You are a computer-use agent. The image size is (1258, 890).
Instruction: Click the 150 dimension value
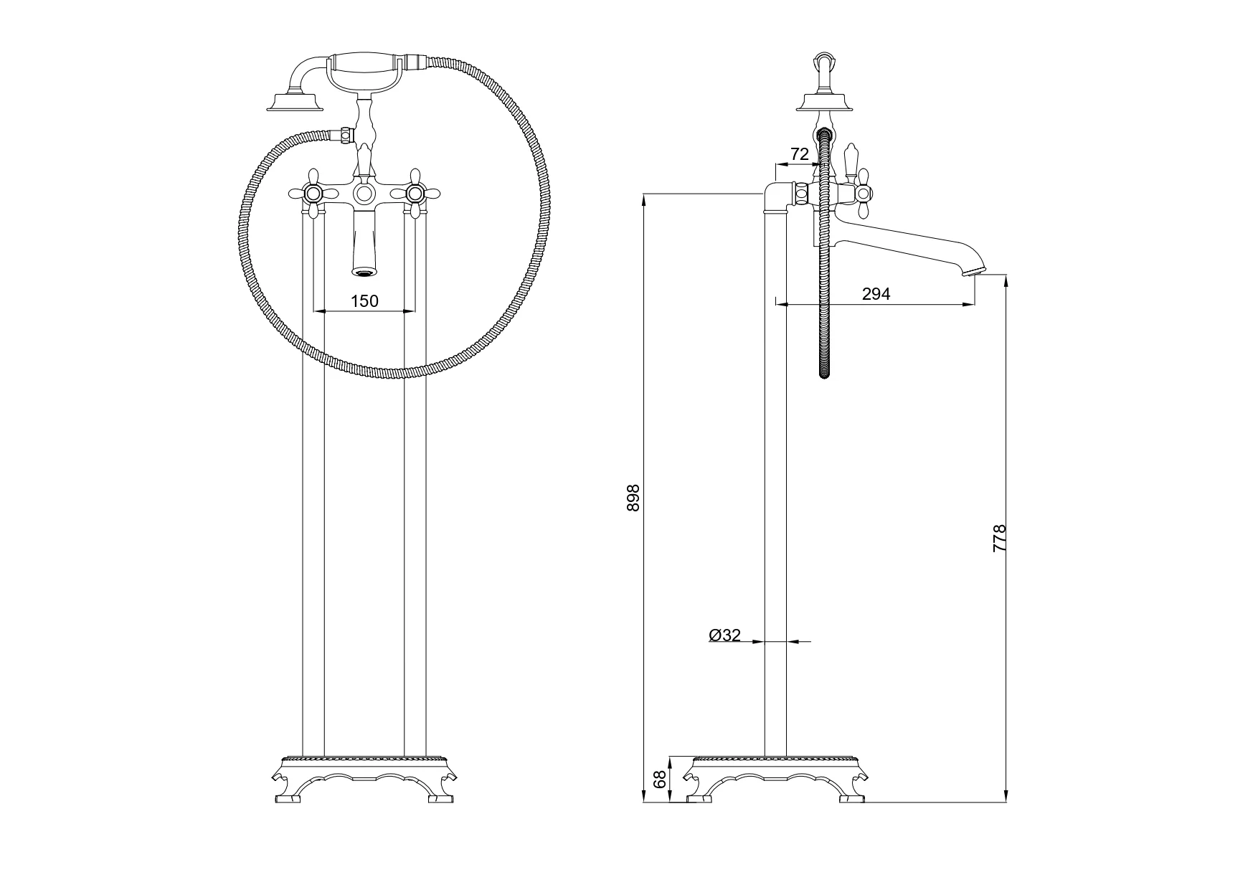(364, 301)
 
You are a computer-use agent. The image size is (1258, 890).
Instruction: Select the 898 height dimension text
(633, 498)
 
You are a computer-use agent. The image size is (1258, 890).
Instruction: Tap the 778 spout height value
(1000, 538)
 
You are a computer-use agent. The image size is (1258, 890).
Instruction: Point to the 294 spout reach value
(876, 293)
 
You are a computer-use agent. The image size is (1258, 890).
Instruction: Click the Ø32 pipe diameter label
(725, 635)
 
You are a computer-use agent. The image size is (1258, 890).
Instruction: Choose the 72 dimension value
(800, 154)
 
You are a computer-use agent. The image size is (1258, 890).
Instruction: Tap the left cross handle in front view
(313, 193)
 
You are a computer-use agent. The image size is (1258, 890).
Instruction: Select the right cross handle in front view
(414, 193)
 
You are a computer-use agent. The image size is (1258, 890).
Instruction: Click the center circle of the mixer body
(364, 193)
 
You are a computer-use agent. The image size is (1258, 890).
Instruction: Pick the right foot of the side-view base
(853, 797)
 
